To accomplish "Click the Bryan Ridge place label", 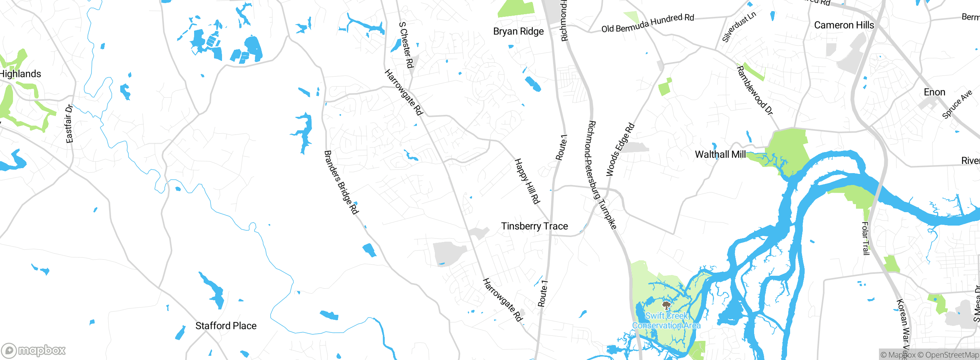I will click(x=518, y=31).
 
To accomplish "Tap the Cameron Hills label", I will click(x=844, y=25).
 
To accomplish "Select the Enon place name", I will click(x=934, y=92).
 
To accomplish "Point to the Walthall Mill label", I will click(x=720, y=154).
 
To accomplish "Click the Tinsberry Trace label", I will click(x=534, y=226).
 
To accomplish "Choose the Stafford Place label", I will click(x=226, y=326).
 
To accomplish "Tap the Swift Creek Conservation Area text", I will click(x=666, y=321).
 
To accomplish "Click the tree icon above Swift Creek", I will click(x=666, y=305).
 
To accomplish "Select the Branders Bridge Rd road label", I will click(x=341, y=182).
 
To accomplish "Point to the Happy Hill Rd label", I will click(x=527, y=181).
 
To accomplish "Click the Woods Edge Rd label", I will click(x=620, y=150).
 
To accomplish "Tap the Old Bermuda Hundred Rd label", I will click(x=647, y=23).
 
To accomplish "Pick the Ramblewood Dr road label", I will click(x=755, y=90).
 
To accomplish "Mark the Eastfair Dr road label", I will click(x=69, y=124).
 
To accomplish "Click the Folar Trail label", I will click(x=865, y=238).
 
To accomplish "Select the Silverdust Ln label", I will click(x=739, y=27).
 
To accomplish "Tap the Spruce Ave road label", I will click(x=957, y=104).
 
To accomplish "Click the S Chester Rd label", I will click(x=406, y=45).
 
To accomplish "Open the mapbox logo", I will click(x=34, y=350).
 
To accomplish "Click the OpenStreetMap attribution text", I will click(x=952, y=355).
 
